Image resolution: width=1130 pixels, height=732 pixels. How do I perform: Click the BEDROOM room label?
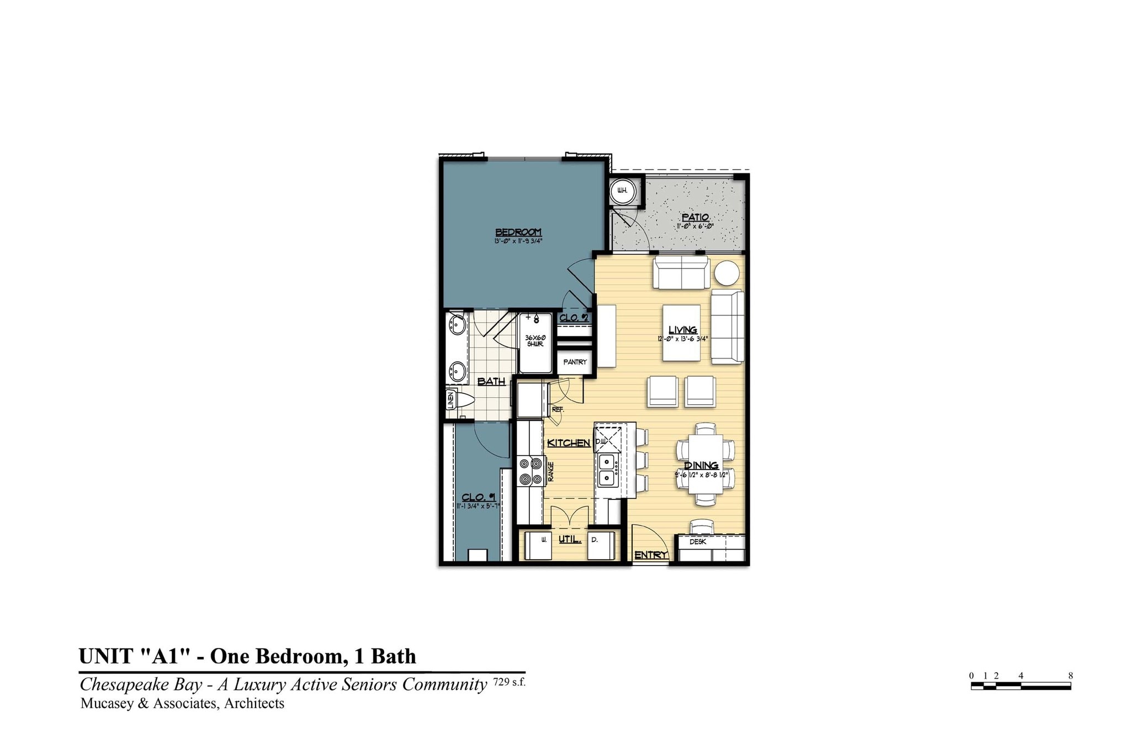point(518,232)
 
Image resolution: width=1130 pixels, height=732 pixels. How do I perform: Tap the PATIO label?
point(695,218)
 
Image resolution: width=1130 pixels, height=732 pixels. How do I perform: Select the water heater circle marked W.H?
point(622,191)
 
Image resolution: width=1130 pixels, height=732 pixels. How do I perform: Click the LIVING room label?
point(683,330)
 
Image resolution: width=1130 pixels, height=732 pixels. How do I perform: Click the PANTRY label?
point(575,362)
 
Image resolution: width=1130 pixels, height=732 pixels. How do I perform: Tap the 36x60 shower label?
point(534,341)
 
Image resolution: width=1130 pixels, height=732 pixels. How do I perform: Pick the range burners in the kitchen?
point(530,471)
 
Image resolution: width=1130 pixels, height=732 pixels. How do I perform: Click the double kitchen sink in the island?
point(607,470)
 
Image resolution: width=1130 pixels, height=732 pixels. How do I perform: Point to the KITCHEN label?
point(569,443)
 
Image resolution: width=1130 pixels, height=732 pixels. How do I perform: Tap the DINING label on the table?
point(701,466)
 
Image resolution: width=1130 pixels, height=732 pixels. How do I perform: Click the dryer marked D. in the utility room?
point(600,544)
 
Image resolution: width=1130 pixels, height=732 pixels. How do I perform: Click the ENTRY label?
point(650,555)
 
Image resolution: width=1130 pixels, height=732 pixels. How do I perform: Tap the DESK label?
point(698,542)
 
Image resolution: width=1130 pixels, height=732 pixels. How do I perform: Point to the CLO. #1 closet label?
point(479,498)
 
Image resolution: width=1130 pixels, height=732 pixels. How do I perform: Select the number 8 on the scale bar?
point(1070,676)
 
